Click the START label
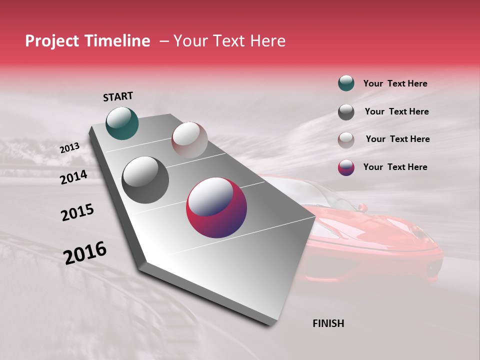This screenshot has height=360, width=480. pos(118,96)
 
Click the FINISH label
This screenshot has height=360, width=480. pos(328,323)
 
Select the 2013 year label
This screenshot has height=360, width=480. pos(69,148)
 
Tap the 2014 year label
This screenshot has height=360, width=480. pos(74,177)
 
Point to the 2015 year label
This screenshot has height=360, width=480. pos(77,212)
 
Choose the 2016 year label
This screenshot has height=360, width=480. pos(85,253)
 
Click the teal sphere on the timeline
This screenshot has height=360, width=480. pos(122,123)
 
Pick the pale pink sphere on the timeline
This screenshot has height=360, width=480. pos(189,140)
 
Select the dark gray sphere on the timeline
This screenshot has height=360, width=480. pos(145,180)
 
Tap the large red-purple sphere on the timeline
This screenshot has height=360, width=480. pos(216,207)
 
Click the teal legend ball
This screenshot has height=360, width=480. pos(346,83)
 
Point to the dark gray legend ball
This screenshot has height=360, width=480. pos(346,112)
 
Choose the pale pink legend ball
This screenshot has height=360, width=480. pos(346,139)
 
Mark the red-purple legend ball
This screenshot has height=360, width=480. pos(346,167)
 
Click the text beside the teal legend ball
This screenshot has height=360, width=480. pos(395,83)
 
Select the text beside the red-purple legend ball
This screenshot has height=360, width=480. pos(395,167)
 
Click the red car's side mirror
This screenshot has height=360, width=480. pos(362,207)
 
